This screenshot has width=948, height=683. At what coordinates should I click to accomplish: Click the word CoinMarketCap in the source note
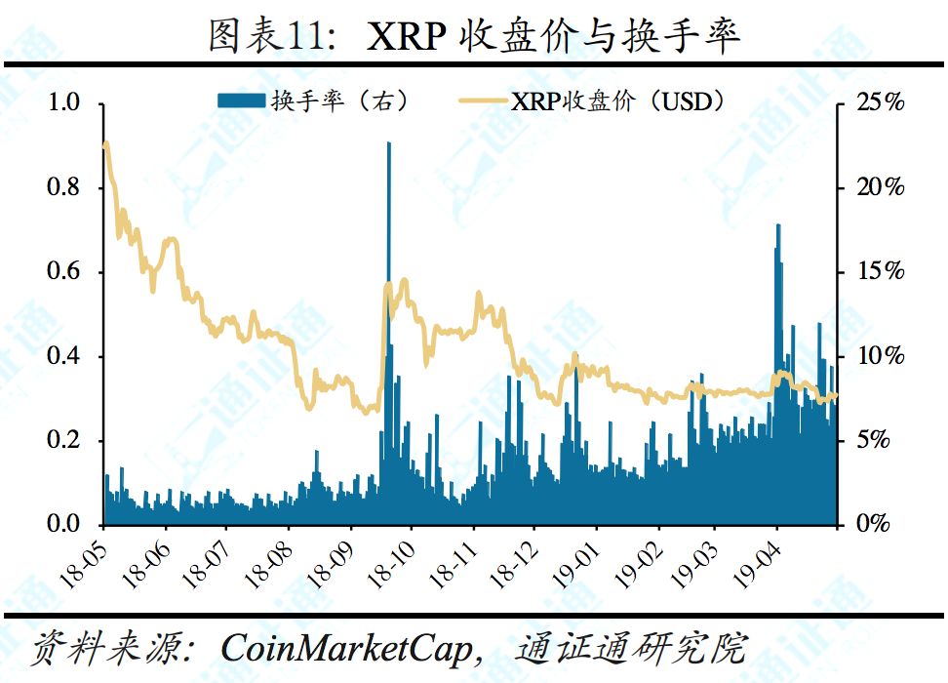tap(344, 647)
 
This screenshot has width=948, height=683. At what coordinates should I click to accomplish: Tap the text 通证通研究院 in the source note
tap(635, 647)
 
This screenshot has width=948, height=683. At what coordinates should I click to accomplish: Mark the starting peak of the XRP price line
tap(105, 144)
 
